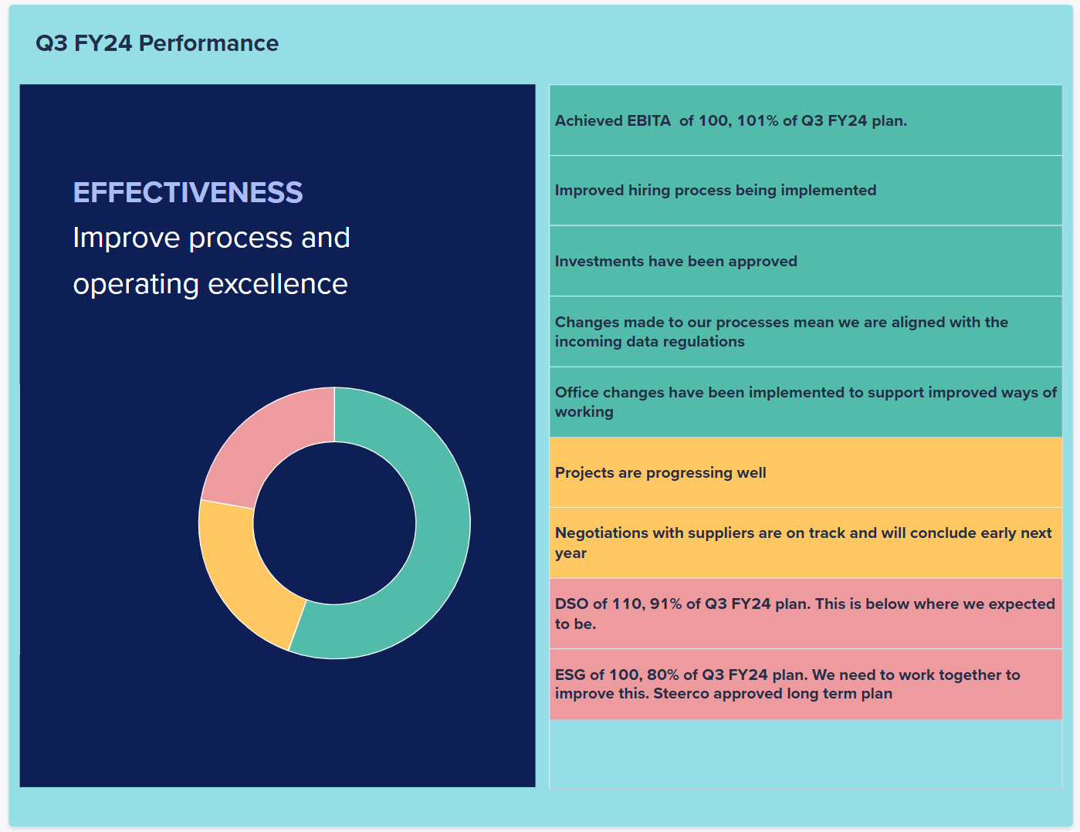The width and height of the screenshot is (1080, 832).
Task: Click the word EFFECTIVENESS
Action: point(188,192)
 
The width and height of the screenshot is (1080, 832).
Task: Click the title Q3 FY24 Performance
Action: point(157,43)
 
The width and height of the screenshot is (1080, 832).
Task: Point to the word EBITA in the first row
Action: point(648,120)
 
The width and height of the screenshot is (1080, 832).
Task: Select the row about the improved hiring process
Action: point(806,191)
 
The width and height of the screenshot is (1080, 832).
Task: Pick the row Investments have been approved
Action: point(806,262)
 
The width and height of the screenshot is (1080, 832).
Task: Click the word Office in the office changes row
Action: point(576,392)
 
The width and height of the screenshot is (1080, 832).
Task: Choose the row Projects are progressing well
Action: point(806,472)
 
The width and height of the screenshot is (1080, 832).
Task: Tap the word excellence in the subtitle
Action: point(278,284)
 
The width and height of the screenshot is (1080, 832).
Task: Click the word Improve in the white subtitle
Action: point(127,238)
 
